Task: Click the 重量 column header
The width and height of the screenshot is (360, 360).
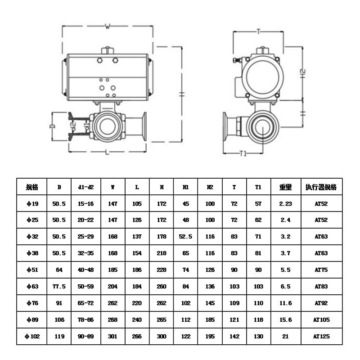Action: (x=285, y=187)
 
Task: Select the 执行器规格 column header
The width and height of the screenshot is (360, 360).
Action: (x=321, y=187)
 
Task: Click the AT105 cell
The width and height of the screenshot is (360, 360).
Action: (x=321, y=319)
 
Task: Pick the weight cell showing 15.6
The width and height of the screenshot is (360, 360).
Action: (x=285, y=319)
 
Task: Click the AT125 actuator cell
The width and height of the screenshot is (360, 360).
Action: (x=321, y=336)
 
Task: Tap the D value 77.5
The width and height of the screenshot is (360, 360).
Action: (x=59, y=286)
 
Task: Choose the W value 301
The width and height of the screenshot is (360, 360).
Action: (x=112, y=336)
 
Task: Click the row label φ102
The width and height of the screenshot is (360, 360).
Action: (x=32, y=336)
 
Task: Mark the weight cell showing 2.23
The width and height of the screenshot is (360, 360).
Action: (x=285, y=203)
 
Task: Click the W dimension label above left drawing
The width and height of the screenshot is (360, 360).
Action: (x=108, y=26)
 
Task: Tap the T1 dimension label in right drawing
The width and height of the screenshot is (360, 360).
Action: (x=243, y=153)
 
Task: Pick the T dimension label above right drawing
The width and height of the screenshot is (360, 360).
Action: (x=258, y=31)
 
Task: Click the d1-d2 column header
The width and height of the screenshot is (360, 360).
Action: (x=85, y=187)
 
